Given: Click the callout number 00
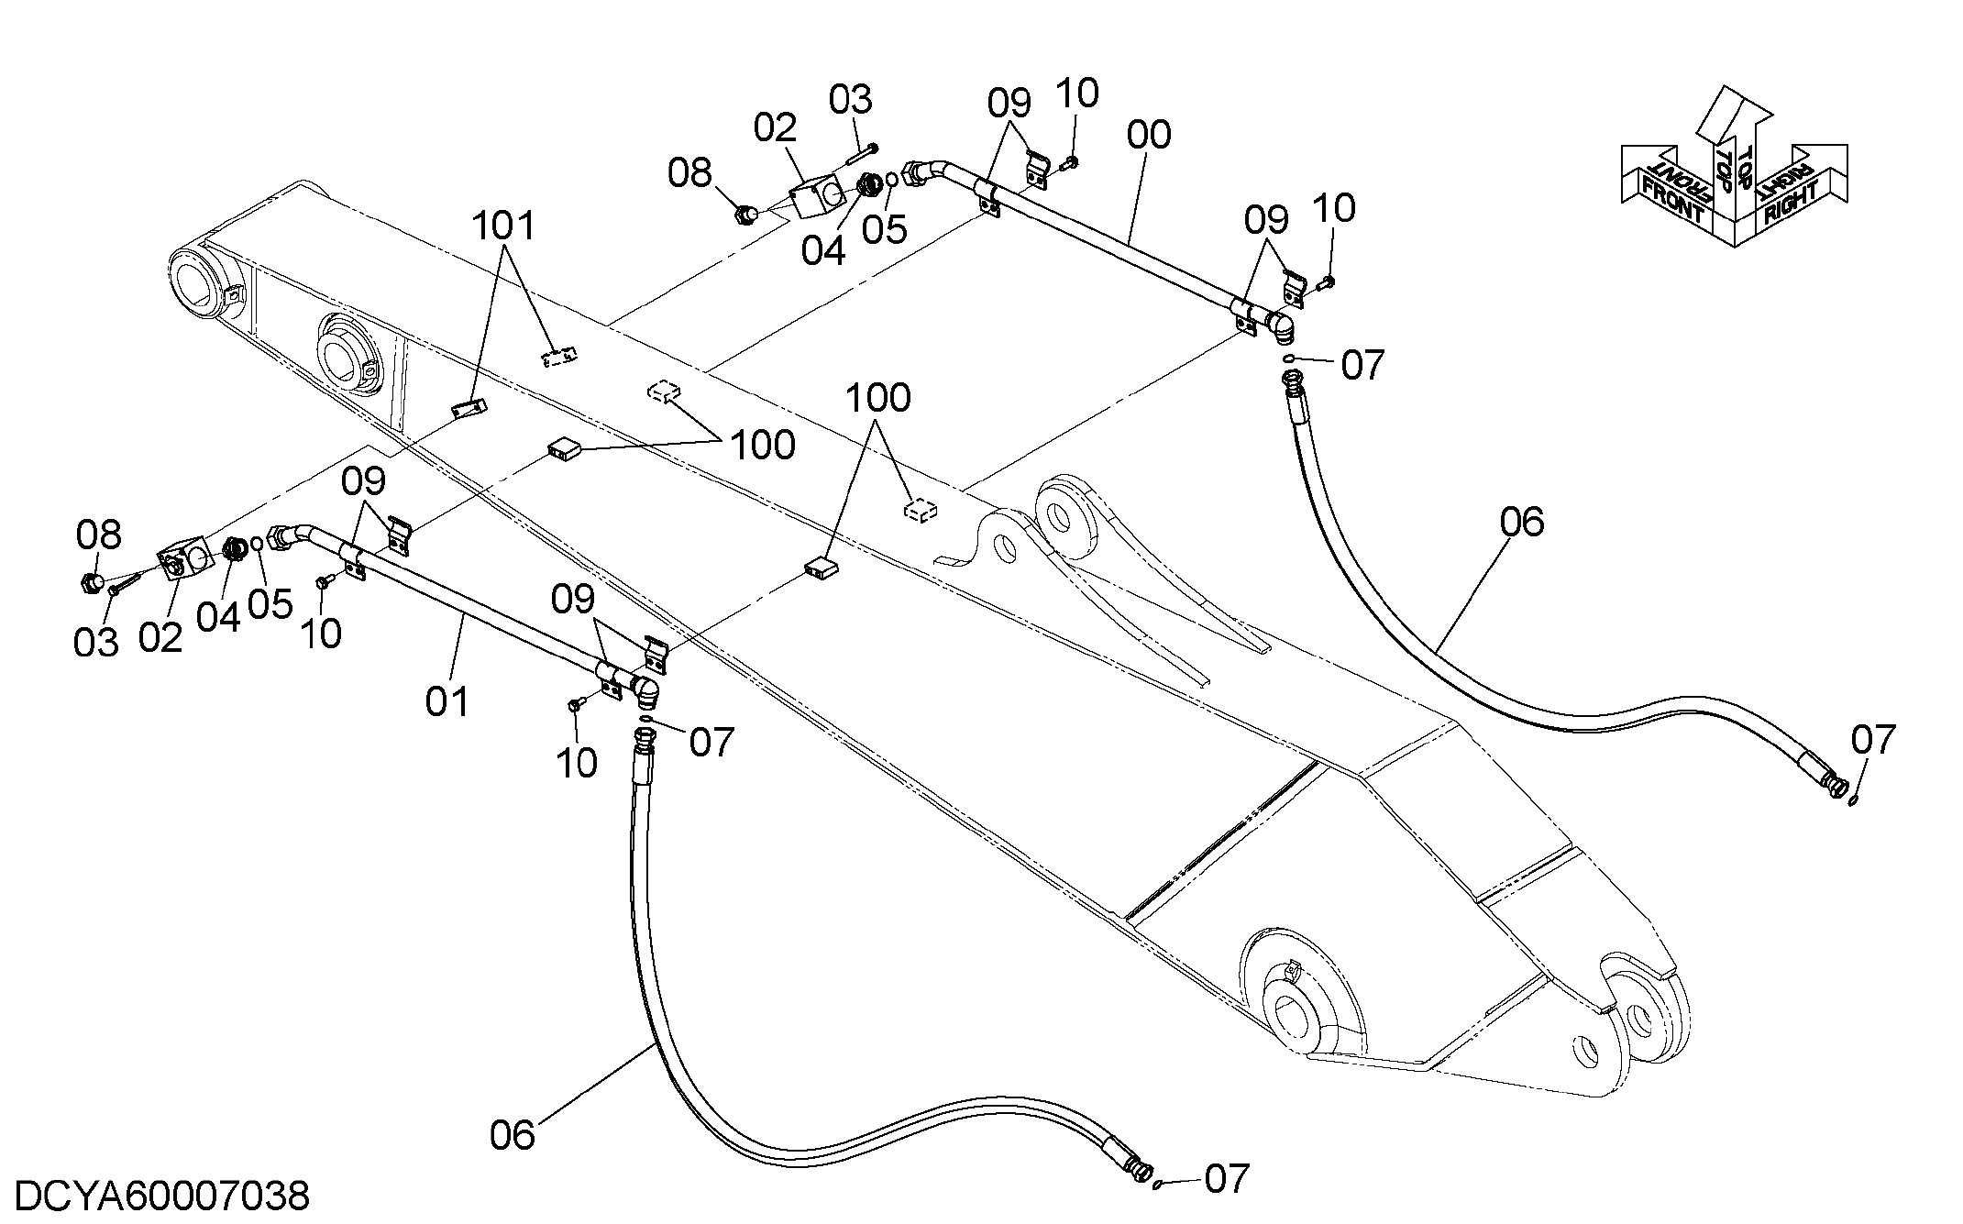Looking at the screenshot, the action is click(1149, 135).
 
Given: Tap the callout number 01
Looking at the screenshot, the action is click(447, 702).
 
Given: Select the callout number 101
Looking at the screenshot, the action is click(505, 225).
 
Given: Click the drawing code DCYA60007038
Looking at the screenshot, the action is click(163, 1196).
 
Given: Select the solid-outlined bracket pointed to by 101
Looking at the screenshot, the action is click(470, 408).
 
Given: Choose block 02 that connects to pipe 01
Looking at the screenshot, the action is click(184, 562).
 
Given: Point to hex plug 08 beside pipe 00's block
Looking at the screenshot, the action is click(746, 215).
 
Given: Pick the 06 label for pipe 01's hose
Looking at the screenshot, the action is click(512, 1135).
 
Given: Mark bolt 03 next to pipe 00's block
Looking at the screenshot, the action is click(863, 152).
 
